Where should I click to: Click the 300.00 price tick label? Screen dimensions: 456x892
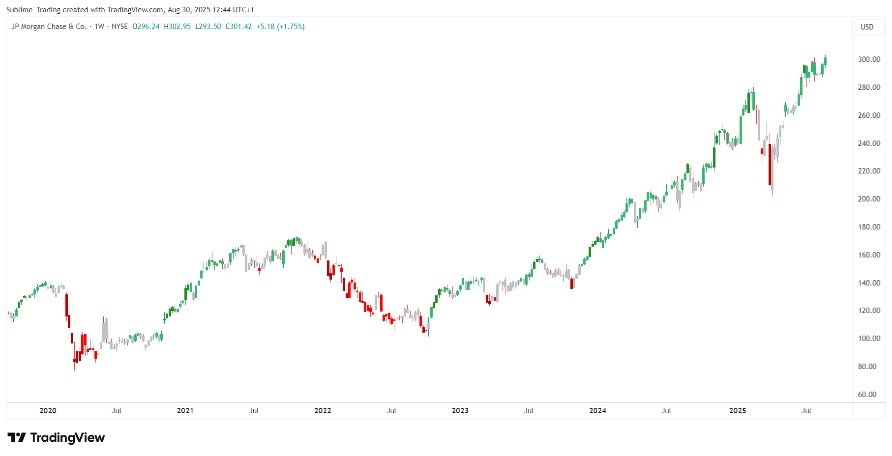coord(869,59)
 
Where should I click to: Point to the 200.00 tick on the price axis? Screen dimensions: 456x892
coord(869,199)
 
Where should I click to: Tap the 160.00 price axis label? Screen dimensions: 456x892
coord(869,255)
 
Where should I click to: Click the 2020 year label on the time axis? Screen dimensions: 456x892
coord(48,411)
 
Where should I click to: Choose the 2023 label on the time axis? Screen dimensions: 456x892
coord(460,411)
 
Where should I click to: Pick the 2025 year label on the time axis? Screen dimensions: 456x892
coord(737,411)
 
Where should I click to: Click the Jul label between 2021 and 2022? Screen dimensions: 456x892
coord(254,411)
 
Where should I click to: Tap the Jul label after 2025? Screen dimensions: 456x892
coord(806,411)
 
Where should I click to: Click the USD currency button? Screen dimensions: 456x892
coord(867,27)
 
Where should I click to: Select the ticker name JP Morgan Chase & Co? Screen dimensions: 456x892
coord(49,27)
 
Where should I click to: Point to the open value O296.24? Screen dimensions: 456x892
coord(146,27)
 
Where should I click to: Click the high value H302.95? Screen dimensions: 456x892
coord(177,27)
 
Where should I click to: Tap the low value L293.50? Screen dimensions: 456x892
coord(208,27)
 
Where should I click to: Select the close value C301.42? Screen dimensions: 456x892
coord(238,27)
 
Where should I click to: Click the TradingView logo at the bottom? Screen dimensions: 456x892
coord(56,437)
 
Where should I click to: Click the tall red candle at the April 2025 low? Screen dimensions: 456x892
coord(770,165)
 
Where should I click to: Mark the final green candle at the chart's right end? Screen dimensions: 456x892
coord(825,61)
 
